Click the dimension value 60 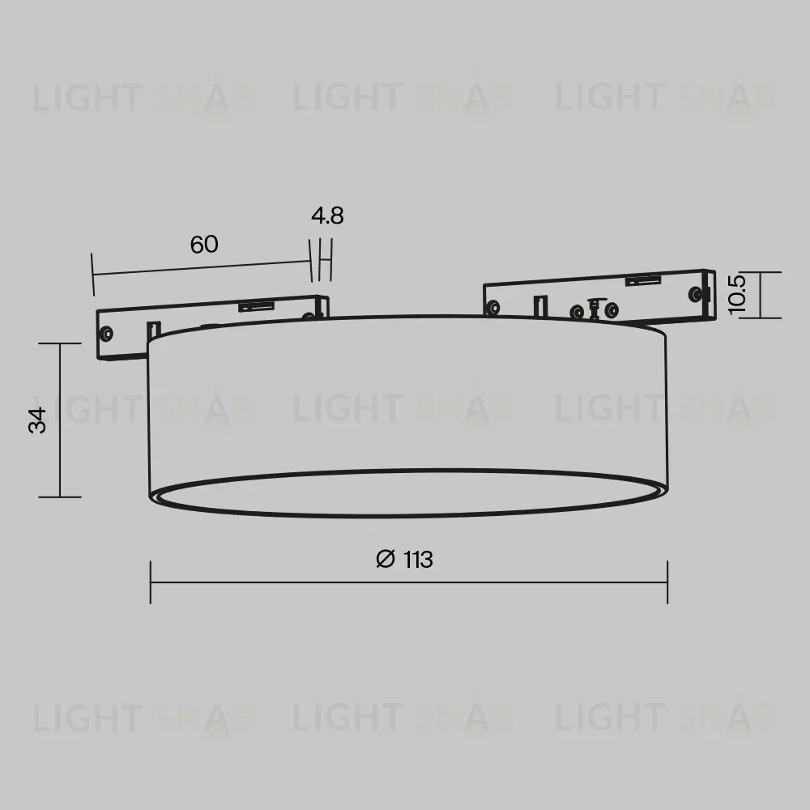204,245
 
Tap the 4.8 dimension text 327,215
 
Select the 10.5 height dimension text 736,295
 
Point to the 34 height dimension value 37,420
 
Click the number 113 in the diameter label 418,560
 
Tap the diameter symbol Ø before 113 386,559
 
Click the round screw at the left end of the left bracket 107,334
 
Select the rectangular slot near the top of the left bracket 256,306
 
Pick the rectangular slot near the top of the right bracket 643,280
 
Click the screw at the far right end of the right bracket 696,295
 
